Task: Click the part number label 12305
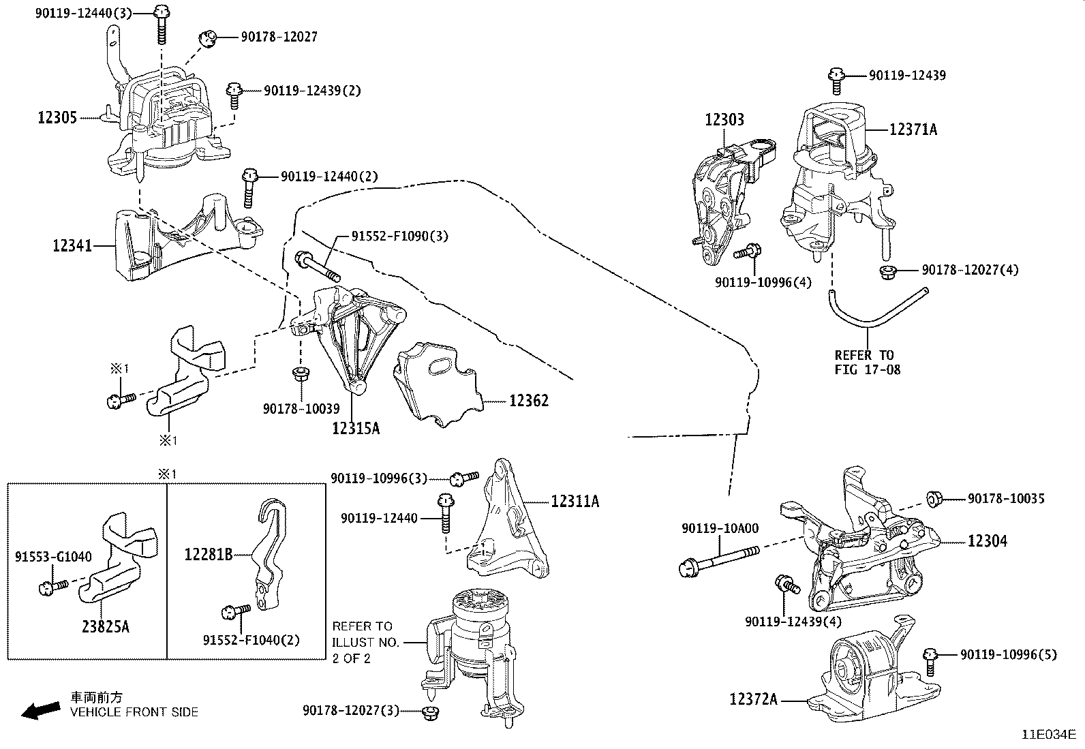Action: click(x=57, y=118)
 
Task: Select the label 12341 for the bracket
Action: click(x=72, y=245)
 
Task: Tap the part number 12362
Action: click(x=528, y=401)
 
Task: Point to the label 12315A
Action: click(x=356, y=429)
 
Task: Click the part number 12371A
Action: click(x=913, y=129)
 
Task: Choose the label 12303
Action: click(x=724, y=120)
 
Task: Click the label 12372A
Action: click(x=753, y=699)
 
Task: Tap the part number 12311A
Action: click(x=575, y=502)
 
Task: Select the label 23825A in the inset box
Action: click(x=106, y=626)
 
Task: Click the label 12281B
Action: click(x=208, y=555)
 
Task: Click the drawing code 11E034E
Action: click(x=1048, y=735)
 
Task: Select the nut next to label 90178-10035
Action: click(x=935, y=499)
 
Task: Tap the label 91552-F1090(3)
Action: click(x=399, y=236)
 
